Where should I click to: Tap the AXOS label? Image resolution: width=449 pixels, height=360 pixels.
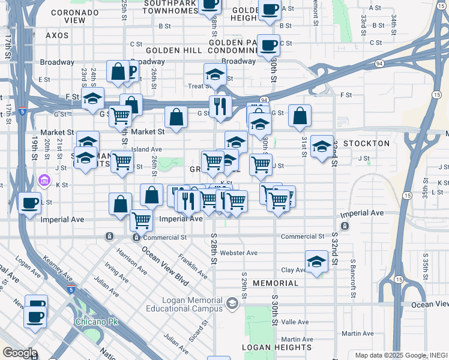coord(58,35)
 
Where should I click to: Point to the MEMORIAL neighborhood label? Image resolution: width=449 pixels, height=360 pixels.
coord(275,283)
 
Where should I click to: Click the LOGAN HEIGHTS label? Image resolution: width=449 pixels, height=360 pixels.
coord(277,347)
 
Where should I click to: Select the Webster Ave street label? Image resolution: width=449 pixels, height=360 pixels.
coord(238,253)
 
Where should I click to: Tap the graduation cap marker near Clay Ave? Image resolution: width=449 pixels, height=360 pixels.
coord(316,260)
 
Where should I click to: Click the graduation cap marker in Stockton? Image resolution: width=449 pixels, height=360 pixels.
coord(322,146)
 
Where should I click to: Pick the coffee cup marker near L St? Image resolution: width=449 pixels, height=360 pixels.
coord(29,203)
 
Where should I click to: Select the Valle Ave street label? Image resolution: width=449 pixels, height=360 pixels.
coord(295,322)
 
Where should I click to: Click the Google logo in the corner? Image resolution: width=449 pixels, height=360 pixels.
coord(20,353)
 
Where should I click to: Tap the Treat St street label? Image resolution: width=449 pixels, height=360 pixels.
coord(197,86)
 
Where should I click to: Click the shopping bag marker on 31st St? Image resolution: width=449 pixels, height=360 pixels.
coord(300,116)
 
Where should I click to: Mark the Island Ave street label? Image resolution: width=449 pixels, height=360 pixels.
coord(147,149)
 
